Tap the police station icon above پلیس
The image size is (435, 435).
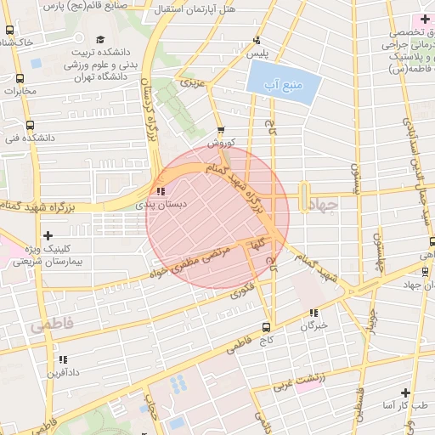click(257, 40)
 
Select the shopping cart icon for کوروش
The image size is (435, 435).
click(221, 131)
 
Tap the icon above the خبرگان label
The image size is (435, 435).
click(314, 313)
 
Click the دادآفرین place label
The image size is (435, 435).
click(64, 371)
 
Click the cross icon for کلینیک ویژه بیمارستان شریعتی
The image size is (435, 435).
click(48, 235)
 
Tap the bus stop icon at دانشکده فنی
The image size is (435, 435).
click(30, 123)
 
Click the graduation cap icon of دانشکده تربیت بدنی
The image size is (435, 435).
click(100, 39)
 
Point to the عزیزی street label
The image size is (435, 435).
click(192, 83)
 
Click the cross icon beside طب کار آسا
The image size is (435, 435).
click(405, 393)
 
